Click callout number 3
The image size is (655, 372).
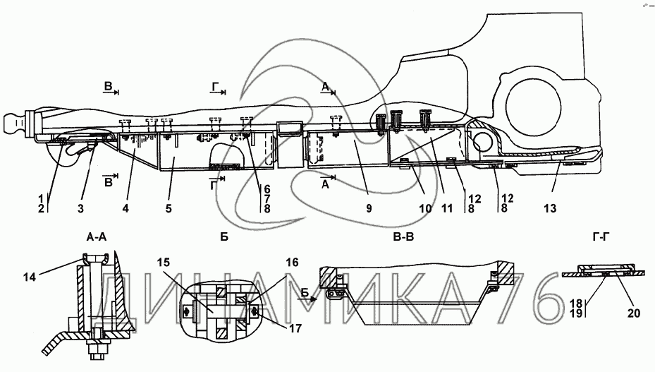click(x=80, y=208)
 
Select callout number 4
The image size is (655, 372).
click(x=126, y=208)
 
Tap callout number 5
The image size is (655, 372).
click(x=169, y=208)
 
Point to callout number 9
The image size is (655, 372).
click(x=369, y=208)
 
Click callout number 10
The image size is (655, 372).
click(x=425, y=208)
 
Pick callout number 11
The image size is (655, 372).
click(x=446, y=208)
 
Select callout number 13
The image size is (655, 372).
click(x=550, y=208)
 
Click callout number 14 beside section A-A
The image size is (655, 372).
click(x=30, y=277)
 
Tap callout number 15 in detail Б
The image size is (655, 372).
click(x=164, y=263)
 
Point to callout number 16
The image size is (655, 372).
click(x=293, y=263)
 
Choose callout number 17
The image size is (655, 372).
click(x=295, y=328)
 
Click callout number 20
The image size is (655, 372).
click(x=634, y=313)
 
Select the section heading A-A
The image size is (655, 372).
click(x=97, y=237)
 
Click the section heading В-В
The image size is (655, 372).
click(x=403, y=237)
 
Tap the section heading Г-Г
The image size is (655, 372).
click(x=601, y=237)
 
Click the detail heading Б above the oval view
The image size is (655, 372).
click(x=224, y=237)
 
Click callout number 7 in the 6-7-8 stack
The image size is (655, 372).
click(x=267, y=199)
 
